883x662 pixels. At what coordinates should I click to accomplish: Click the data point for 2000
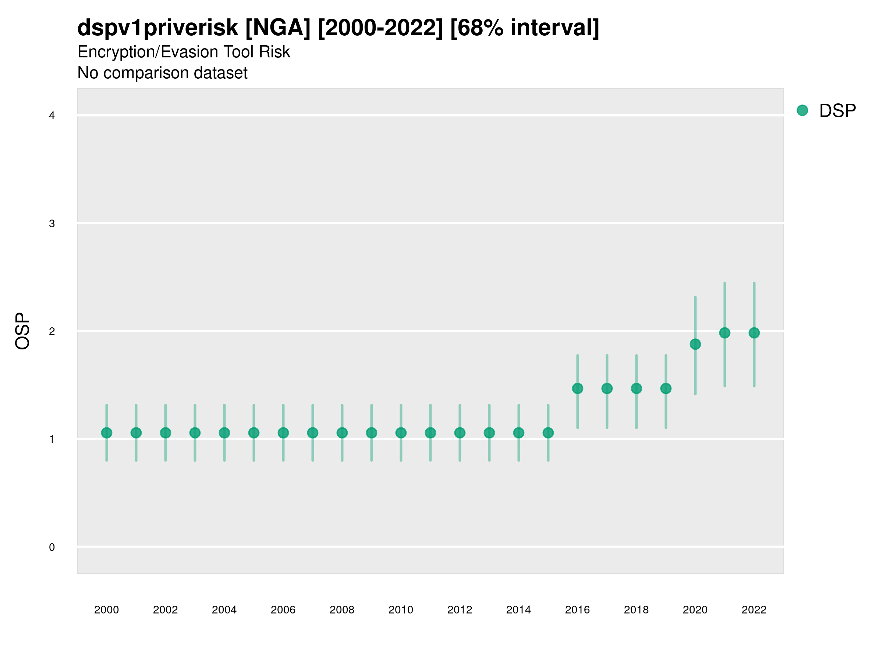tap(107, 433)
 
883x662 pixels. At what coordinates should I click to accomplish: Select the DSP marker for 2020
tap(695, 344)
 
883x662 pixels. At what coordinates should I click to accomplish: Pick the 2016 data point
tap(577, 388)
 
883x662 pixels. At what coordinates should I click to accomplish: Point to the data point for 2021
tap(724, 333)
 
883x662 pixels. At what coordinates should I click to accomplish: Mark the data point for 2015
tap(548, 433)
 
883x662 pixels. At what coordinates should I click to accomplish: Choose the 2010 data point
tap(401, 433)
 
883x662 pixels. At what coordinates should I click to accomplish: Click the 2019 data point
tap(666, 388)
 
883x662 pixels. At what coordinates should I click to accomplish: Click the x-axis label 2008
tap(342, 610)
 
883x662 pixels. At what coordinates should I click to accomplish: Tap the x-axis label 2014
tap(518, 610)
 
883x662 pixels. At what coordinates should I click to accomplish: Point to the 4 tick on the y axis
tap(52, 116)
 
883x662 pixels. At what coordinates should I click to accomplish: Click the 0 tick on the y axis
tap(52, 547)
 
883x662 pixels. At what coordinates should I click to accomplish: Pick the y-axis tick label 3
tap(52, 224)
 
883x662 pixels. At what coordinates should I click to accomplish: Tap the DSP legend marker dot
tap(802, 111)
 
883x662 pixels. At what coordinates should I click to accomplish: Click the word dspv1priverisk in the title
tap(158, 28)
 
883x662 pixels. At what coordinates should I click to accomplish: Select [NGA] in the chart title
tap(277, 28)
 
